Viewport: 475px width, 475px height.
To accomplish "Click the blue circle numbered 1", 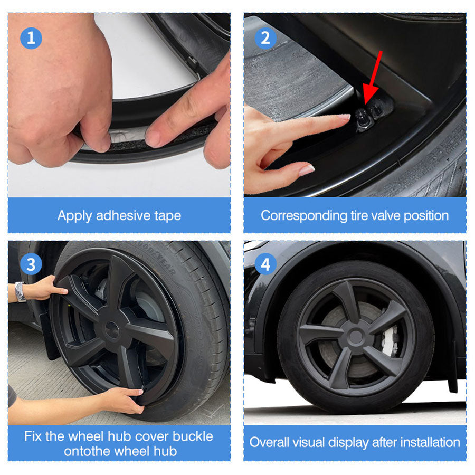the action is (31, 38).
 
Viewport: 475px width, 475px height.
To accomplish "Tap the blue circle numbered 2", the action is (265, 38).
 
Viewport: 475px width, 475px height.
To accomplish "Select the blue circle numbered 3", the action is (31, 264).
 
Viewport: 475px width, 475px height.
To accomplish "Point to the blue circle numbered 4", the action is (265, 264).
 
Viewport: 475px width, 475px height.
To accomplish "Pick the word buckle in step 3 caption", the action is (193, 436).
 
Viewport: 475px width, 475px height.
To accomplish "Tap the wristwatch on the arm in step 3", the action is (20, 291).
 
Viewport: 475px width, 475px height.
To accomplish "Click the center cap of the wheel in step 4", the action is (355, 337).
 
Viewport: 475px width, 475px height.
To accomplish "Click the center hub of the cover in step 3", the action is (112, 329).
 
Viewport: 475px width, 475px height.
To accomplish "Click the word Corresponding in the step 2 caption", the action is (304, 216).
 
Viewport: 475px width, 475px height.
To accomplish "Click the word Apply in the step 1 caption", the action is (74, 216).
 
